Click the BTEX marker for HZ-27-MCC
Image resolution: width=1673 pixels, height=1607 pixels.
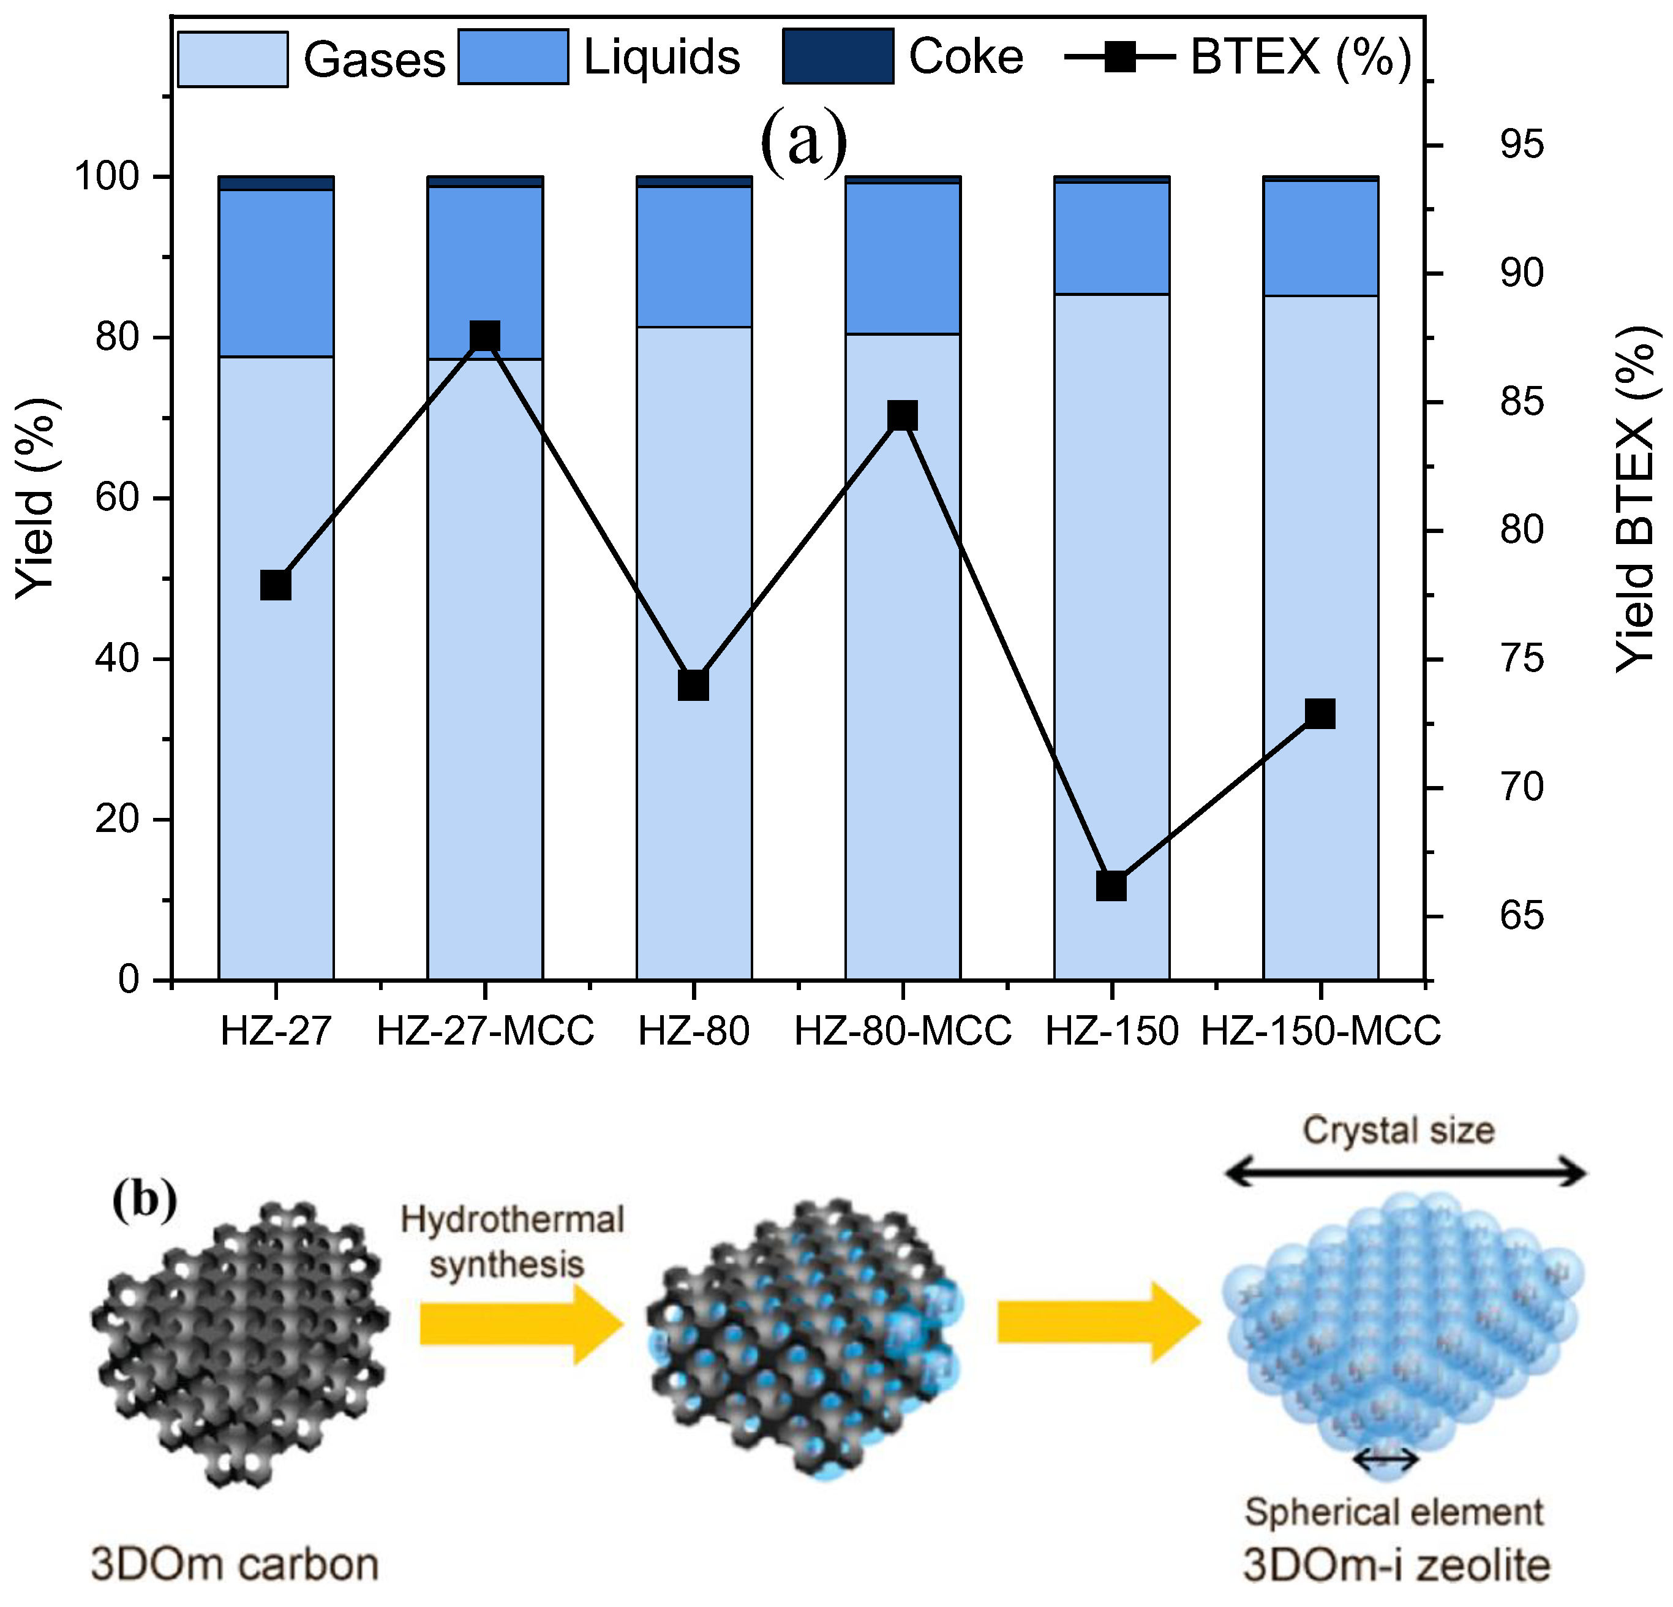[x=485, y=336]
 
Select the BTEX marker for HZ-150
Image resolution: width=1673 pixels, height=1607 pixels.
[x=1111, y=887]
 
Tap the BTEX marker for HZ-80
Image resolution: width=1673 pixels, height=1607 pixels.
[x=694, y=686]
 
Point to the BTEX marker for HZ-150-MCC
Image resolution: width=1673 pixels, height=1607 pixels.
[x=1320, y=713]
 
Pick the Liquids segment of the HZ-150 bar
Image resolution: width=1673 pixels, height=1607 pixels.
[x=1111, y=238]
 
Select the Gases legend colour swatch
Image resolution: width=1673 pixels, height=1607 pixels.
[x=232, y=59]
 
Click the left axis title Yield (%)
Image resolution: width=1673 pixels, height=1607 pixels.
[x=37, y=499]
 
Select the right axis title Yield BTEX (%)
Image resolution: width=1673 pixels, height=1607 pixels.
[x=1634, y=499]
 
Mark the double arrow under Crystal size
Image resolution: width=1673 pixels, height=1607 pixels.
[x=1405, y=1174]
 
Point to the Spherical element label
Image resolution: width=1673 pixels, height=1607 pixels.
[x=1394, y=1512]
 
